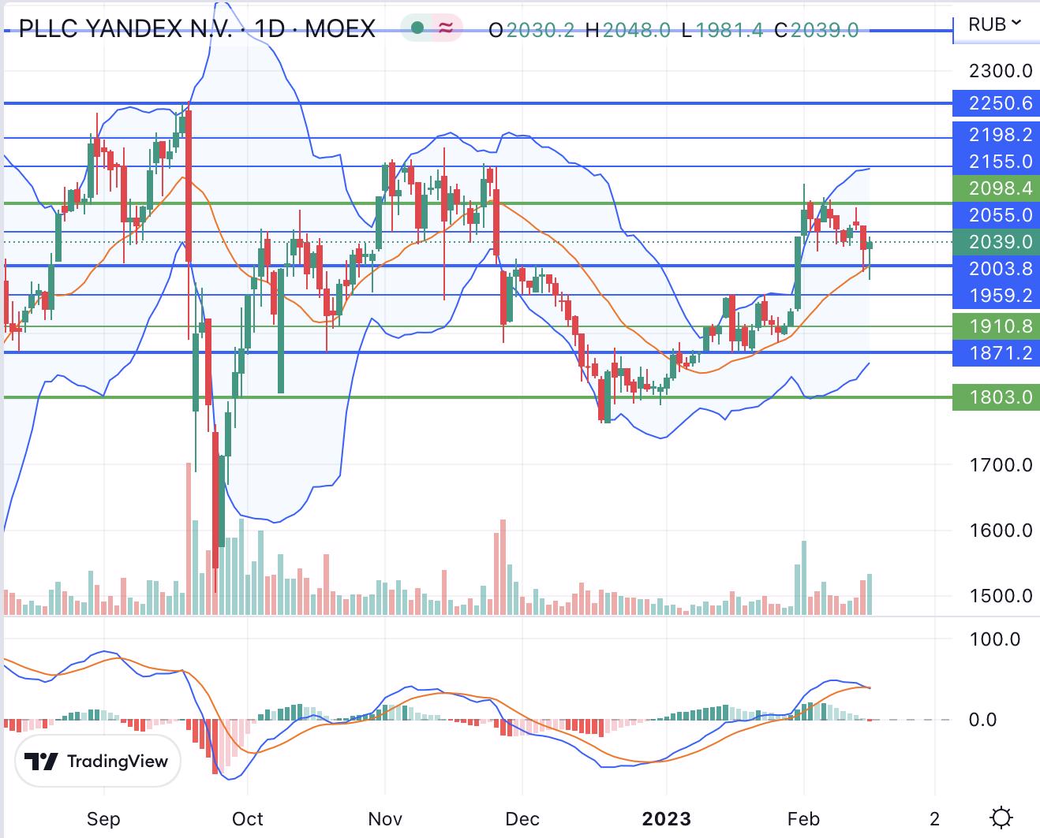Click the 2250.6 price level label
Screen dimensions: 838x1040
point(996,103)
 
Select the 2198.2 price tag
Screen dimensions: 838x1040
point(996,135)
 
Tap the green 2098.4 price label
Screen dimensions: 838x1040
point(996,188)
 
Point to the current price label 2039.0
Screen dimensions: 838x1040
point(996,242)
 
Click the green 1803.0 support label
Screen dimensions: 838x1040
point(996,397)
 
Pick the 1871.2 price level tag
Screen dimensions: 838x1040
point(996,352)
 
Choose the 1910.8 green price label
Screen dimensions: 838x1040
point(996,326)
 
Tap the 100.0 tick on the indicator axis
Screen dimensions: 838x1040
point(994,639)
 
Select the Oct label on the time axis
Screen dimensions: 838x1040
point(248,818)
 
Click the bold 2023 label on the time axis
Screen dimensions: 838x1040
point(666,818)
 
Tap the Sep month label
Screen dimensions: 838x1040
point(103,818)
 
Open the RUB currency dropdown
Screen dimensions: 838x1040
point(994,24)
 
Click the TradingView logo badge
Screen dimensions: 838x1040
point(98,761)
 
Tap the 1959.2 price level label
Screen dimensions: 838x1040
point(996,295)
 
